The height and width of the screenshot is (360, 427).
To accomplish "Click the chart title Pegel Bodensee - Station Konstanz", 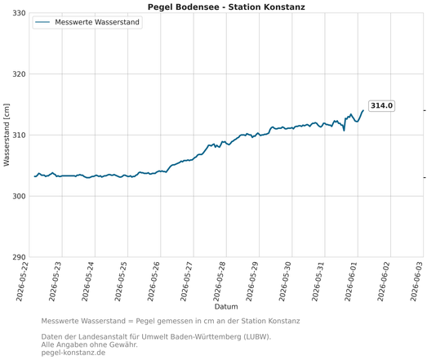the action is pos(226,7).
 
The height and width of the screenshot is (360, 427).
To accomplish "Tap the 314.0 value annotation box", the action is pos(381,105).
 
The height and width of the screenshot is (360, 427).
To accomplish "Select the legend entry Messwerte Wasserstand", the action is pos(87,22).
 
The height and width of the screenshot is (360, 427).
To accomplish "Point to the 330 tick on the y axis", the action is pos(19,13).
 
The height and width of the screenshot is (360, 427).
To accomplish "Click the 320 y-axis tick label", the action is pos(19,74).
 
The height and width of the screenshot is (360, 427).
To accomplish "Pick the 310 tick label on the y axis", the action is pos(19,135).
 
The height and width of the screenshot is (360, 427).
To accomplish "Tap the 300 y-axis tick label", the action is pos(19,196).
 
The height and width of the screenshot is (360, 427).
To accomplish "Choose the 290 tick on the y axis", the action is pos(19,257).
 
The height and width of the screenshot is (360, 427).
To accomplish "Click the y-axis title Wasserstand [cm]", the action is pos(7,135).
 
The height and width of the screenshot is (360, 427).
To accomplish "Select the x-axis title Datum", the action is pos(226,307).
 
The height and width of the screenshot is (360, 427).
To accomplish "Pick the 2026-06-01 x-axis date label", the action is pos(350,282).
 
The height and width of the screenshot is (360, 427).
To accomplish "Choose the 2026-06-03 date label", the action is pos(416,282).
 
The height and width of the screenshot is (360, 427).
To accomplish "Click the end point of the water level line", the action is pos(363,110).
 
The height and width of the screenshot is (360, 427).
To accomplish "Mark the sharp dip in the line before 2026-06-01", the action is pos(344,131).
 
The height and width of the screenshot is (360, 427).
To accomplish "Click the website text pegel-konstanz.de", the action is pos(73,353).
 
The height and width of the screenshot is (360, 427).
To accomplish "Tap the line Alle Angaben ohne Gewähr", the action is pos(89,344).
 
